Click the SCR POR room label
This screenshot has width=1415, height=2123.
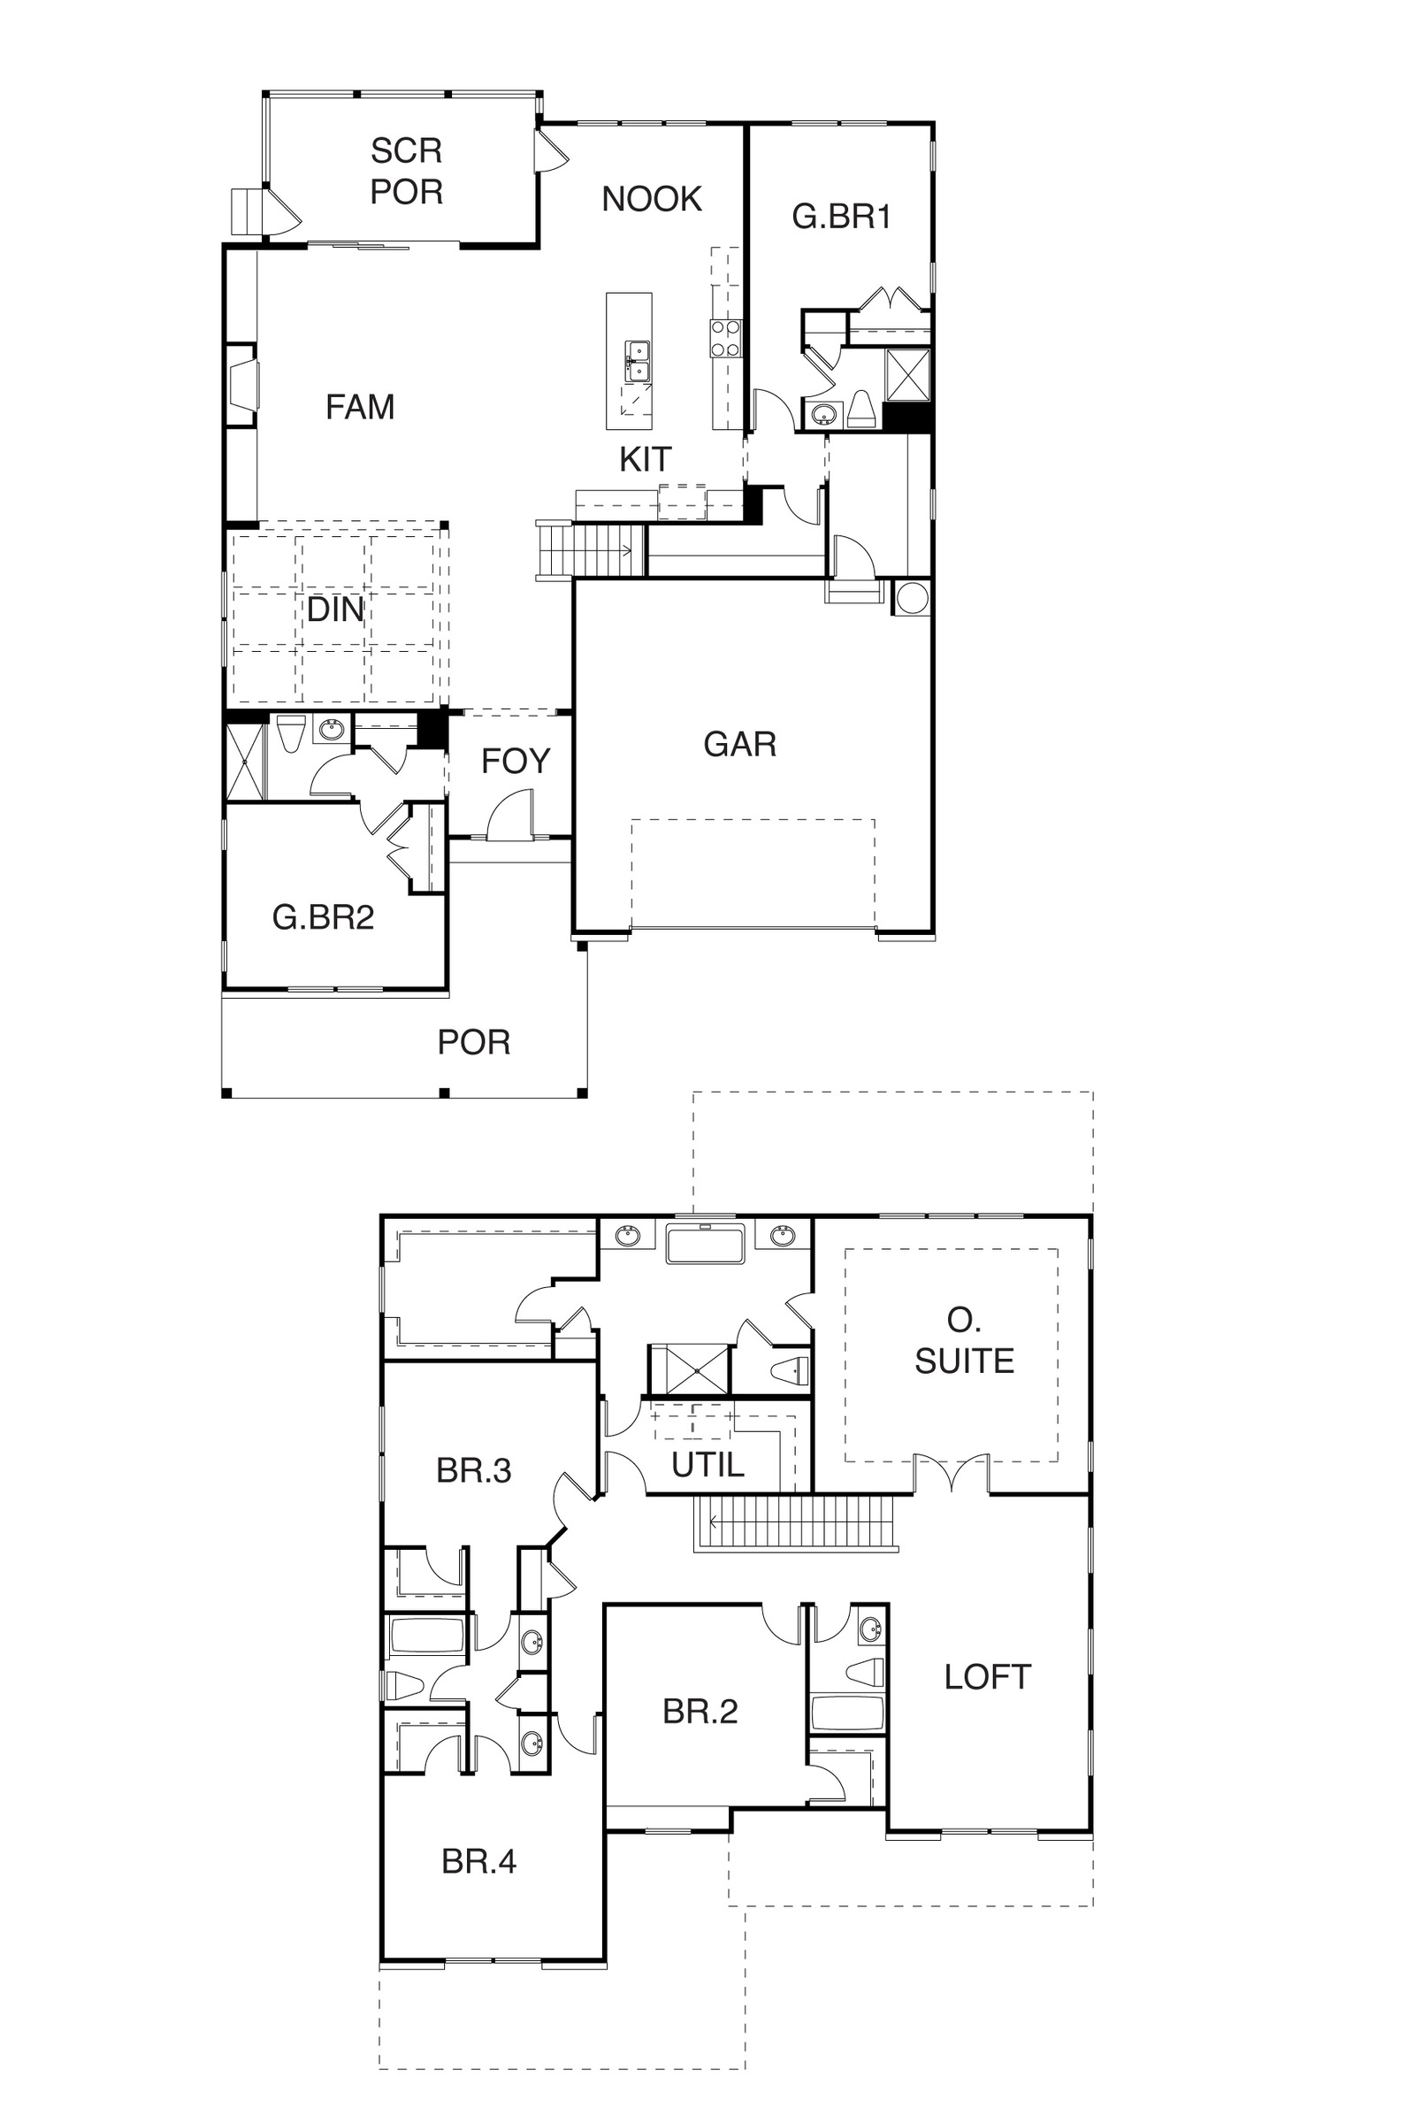point(406,171)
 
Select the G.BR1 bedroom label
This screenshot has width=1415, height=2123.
point(841,217)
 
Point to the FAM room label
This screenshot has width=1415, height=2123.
point(360,407)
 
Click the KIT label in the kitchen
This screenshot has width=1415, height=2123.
point(646,459)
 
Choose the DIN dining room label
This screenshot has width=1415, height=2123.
point(335,609)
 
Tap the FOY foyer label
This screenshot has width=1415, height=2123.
point(516,761)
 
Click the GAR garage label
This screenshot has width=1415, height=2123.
point(740,744)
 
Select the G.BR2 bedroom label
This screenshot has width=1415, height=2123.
point(323,917)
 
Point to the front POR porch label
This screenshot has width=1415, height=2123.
point(474,1043)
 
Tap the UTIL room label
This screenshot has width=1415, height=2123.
point(707,1465)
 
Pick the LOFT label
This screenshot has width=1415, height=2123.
point(987,1677)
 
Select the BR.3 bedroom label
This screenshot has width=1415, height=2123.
point(474,1470)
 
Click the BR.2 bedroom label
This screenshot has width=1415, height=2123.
point(700,1712)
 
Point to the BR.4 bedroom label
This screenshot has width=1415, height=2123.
point(479,1861)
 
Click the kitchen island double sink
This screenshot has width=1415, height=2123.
point(638,359)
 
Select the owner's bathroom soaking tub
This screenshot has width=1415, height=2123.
point(705,1244)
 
